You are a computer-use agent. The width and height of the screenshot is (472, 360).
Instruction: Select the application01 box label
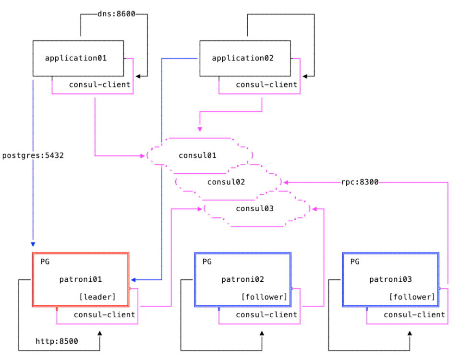click(75, 58)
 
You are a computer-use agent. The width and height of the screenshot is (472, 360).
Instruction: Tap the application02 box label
click(242, 58)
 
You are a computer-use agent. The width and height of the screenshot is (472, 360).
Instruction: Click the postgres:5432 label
click(33, 156)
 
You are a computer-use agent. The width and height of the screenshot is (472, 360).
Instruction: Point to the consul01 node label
click(197, 156)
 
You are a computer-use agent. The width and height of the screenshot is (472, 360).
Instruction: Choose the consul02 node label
click(226, 182)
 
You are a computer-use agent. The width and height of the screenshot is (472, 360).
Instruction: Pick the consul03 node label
click(255, 208)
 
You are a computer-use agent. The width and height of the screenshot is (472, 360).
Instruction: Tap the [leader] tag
click(97, 297)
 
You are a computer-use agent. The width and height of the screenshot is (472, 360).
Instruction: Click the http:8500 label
click(57, 341)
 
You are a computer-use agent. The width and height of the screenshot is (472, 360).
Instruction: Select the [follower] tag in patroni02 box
click(264, 297)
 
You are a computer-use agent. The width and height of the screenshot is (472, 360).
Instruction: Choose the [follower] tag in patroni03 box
click(412, 297)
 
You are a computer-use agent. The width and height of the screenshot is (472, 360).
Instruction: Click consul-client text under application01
click(99, 85)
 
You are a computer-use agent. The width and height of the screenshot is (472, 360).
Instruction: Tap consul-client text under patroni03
click(414, 315)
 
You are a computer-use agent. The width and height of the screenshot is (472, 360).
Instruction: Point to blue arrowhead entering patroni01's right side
click(133, 279)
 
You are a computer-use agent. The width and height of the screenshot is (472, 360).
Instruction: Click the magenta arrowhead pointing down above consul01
click(200, 129)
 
